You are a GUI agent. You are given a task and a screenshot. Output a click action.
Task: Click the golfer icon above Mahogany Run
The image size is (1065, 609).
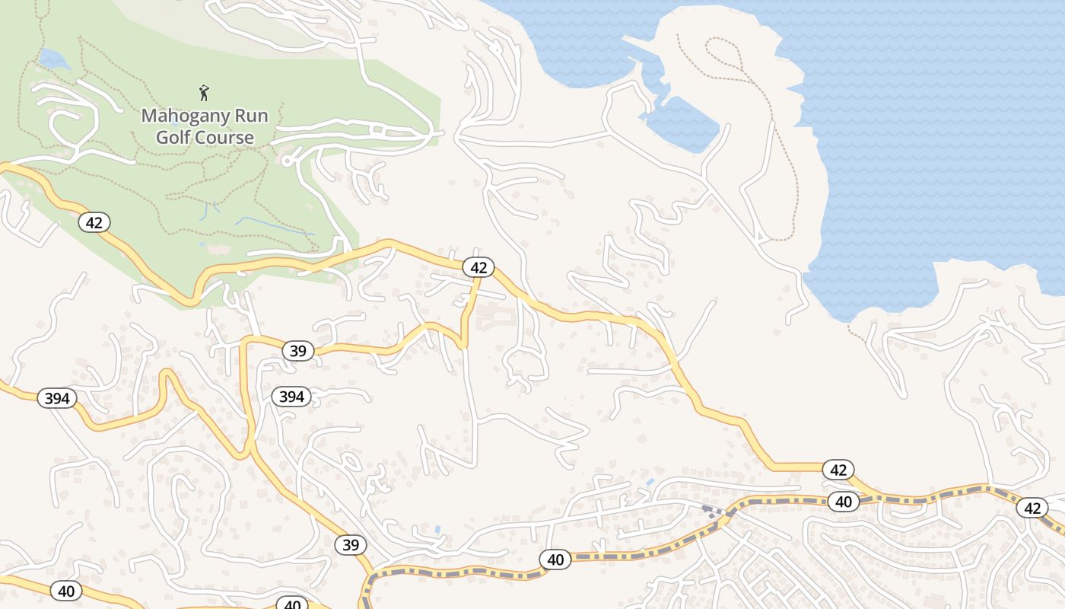(204, 94)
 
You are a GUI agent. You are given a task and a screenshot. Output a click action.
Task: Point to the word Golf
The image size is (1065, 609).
(174, 138)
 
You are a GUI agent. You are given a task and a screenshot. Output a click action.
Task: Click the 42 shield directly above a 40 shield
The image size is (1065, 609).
(838, 470)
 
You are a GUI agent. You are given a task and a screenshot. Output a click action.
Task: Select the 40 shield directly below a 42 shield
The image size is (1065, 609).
(843, 502)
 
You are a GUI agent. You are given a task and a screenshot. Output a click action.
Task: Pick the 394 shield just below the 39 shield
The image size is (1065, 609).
(291, 396)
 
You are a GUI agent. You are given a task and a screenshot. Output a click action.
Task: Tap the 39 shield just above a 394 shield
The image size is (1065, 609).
(297, 351)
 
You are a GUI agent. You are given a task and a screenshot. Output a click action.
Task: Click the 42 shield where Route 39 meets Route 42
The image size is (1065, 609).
(478, 267)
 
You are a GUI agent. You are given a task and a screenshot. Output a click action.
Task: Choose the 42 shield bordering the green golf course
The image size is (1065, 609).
(94, 222)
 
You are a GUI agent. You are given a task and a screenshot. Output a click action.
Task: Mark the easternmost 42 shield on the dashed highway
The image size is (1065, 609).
(1032, 508)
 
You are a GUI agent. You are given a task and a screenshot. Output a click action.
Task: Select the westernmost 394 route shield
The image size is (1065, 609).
(57, 398)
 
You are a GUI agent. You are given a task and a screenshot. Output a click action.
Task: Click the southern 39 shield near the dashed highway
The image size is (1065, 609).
(350, 545)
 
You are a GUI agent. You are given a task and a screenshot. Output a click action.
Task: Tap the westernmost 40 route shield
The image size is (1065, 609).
(66, 590)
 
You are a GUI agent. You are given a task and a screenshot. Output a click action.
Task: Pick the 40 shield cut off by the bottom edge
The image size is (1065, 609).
(292, 604)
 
